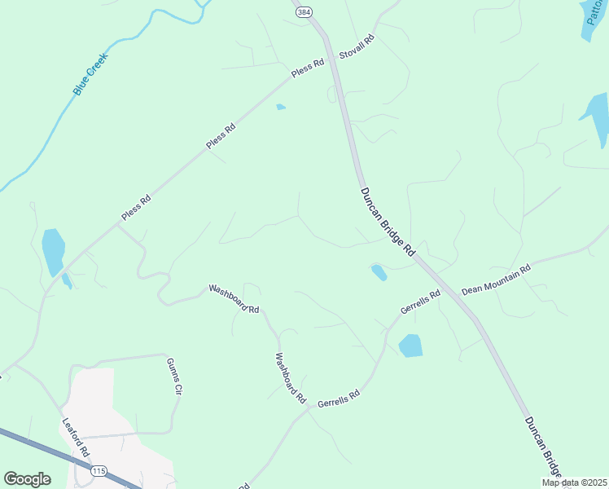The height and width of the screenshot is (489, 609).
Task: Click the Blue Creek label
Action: [x=90, y=74]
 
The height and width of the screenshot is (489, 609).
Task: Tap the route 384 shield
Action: [x=304, y=12]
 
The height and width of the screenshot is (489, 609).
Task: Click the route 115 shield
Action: [x=99, y=471]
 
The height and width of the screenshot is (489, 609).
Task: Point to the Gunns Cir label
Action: [x=173, y=375]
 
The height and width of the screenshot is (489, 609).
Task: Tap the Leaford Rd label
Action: [x=77, y=437]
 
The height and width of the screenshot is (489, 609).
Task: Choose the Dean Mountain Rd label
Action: [x=496, y=279]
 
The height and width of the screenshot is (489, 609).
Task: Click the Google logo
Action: [x=28, y=479]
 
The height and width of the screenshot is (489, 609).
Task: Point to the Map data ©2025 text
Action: [x=575, y=482]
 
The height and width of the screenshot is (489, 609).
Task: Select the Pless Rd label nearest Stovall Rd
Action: [x=308, y=68]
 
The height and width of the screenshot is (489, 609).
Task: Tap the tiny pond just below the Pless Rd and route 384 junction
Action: [x=281, y=107]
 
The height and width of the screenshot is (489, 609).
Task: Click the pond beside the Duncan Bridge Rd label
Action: [x=379, y=272]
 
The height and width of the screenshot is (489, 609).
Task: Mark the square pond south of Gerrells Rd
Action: [x=411, y=346]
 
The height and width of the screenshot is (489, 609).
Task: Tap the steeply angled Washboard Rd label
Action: [x=290, y=379]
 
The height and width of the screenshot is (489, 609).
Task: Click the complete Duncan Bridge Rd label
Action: [x=388, y=222]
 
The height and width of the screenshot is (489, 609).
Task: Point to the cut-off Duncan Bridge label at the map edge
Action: [x=542, y=447]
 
